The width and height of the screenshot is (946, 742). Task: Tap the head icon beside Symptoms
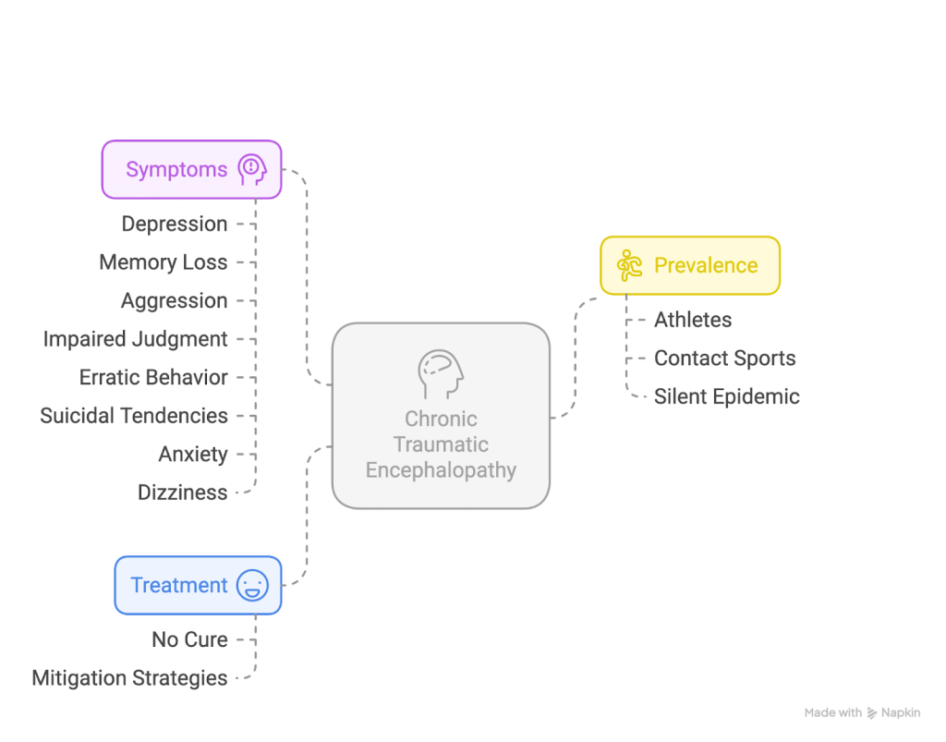pyautogui.click(x=251, y=170)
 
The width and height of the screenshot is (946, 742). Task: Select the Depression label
pyautogui.click(x=175, y=225)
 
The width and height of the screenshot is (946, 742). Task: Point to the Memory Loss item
pyautogui.click(x=164, y=262)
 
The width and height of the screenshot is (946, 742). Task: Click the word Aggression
pyautogui.click(x=175, y=301)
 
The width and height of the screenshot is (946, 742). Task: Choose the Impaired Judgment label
pyautogui.click(x=136, y=339)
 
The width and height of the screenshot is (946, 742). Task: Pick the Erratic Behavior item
pyautogui.click(x=153, y=378)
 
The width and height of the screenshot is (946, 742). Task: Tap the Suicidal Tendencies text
pyautogui.click(x=134, y=416)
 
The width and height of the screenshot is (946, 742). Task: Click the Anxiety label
pyautogui.click(x=193, y=455)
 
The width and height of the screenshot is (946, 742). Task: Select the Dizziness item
pyautogui.click(x=183, y=493)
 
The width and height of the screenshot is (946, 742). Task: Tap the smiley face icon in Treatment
pyautogui.click(x=252, y=586)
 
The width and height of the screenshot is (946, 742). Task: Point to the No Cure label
pyautogui.click(x=189, y=639)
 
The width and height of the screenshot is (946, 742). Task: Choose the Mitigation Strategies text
pyautogui.click(x=130, y=678)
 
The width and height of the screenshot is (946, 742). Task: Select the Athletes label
pyautogui.click(x=693, y=321)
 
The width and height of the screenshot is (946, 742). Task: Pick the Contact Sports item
pyautogui.click(x=725, y=359)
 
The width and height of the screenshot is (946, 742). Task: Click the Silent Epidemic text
pyautogui.click(x=727, y=397)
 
